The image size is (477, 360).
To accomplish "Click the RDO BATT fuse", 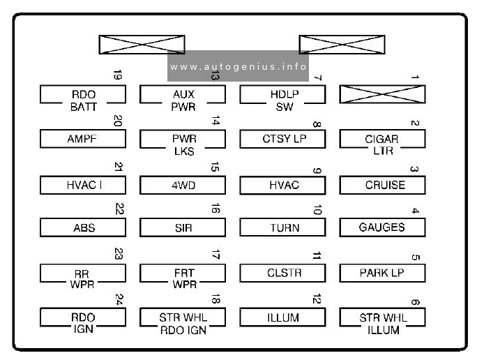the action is [x=83, y=95].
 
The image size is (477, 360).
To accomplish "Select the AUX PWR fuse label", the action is [x=183, y=100].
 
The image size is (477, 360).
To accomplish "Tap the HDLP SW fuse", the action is [x=282, y=95].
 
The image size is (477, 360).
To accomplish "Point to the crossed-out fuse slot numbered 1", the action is [x=382, y=94].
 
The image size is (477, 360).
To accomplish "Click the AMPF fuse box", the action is [x=83, y=139].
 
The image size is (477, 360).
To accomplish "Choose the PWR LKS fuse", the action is [x=183, y=139].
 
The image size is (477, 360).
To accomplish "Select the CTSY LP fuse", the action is [x=282, y=139].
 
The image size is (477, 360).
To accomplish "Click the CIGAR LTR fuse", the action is [x=382, y=139].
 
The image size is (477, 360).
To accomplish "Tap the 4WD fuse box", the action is [x=183, y=185].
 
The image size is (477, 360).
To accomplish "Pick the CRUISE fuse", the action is [x=382, y=185].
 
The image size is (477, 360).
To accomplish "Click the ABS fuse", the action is [x=83, y=227].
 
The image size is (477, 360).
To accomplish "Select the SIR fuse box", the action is [x=183, y=227].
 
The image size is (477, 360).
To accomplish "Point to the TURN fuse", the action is [x=282, y=227].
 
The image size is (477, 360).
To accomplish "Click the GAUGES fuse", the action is [x=382, y=227].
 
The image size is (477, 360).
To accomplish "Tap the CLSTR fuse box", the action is [x=282, y=273].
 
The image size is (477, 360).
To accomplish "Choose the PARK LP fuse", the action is [x=382, y=273].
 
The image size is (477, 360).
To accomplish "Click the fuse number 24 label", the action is [x=119, y=299].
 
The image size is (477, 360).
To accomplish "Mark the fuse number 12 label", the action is [x=317, y=299].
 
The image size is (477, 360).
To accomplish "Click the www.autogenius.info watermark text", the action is [x=238, y=66].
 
